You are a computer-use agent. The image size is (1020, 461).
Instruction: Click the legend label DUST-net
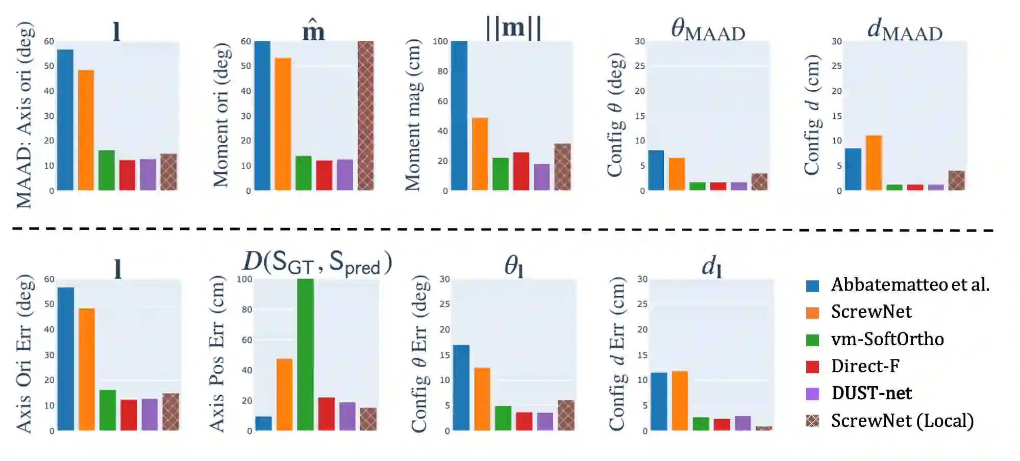[x=872, y=393]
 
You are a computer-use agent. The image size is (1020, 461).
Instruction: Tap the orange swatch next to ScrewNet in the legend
[x=813, y=312]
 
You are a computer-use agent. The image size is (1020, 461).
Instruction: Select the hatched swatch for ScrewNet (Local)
[x=813, y=421]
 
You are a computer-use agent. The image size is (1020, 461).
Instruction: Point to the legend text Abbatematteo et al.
[x=910, y=285]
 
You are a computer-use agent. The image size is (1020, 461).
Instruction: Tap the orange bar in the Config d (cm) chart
[x=874, y=163]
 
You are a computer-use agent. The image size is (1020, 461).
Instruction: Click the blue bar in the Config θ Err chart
[x=461, y=388]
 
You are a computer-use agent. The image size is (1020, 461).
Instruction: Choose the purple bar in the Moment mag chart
[x=542, y=177]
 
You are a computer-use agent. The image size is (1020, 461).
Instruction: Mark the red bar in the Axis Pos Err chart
[x=327, y=414]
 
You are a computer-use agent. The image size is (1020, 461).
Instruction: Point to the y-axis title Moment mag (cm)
[x=413, y=115]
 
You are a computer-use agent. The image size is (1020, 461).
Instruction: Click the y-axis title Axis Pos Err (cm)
[x=217, y=354]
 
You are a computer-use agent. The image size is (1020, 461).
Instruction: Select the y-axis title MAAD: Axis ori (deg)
[x=24, y=115]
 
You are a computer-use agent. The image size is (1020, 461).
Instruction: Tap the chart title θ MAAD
[x=708, y=29]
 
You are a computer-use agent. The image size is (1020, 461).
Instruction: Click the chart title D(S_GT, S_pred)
[x=317, y=263]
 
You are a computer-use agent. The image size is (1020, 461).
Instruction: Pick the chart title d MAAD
[x=905, y=29]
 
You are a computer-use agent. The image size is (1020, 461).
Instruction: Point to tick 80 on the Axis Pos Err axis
[x=247, y=310]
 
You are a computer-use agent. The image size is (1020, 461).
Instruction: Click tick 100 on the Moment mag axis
[x=440, y=41]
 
